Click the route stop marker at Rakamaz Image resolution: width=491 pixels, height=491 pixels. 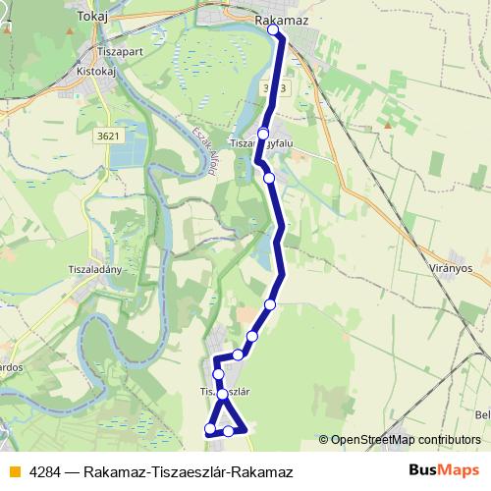(273, 30)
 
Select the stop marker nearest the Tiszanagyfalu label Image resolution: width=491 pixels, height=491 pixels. (263, 134)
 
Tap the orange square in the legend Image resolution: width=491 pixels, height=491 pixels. (12, 470)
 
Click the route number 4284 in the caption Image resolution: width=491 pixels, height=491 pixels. (42, 470)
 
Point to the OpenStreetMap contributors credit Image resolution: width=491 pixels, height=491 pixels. (404, 439)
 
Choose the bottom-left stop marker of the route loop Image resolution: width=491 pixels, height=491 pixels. (209, 429)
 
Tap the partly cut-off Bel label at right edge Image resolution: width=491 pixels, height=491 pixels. (483, 414)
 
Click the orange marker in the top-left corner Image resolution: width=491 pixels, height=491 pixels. (4, 27)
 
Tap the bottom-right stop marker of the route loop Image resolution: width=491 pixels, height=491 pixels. (229, 430)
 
